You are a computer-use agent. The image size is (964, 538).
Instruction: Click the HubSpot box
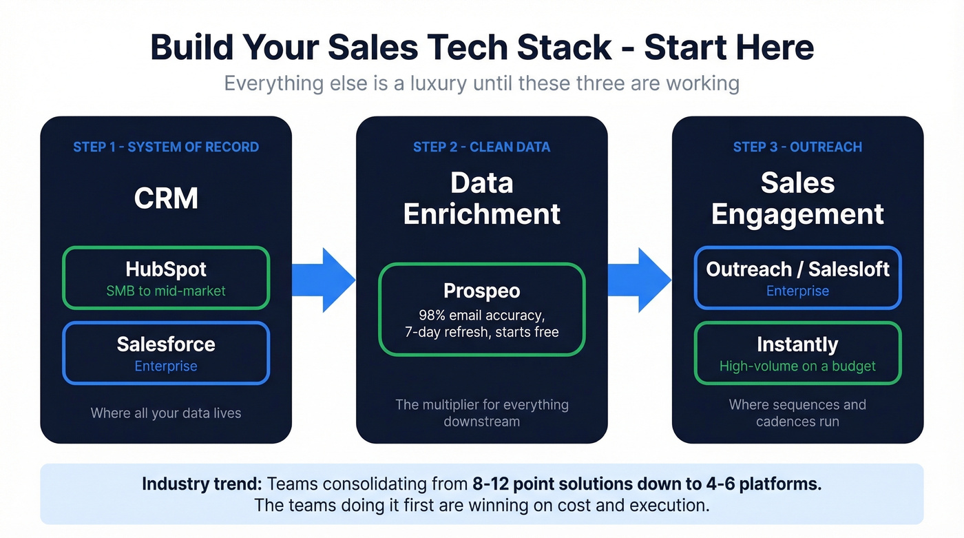coord(166,278)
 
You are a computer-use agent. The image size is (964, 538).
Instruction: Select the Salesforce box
coord(166,353)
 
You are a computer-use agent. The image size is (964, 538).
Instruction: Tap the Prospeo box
coord(481,309)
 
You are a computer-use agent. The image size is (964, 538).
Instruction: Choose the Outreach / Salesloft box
coord(797,278)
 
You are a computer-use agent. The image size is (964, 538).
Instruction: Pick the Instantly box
coord(797,353)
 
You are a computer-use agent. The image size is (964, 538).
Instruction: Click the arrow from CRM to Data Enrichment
coord(324,280)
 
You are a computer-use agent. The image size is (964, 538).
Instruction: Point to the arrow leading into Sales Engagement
coord(639,280)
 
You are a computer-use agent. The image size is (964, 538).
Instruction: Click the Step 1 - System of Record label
coord(166,147)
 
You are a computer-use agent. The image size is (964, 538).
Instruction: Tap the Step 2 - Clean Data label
coord(481,147)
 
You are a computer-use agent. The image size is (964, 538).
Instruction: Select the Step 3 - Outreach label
coord(797,147)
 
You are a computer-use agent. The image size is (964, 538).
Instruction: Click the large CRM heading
coord(166,198)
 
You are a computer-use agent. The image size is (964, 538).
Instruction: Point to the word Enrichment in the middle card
coord(481,214)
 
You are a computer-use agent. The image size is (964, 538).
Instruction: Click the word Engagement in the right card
coord(797,214)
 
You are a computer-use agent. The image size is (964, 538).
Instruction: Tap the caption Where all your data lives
coord(166,413)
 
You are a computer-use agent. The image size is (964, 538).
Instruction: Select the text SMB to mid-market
coord(166,291)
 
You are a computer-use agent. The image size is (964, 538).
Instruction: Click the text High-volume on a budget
coord(797,366)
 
